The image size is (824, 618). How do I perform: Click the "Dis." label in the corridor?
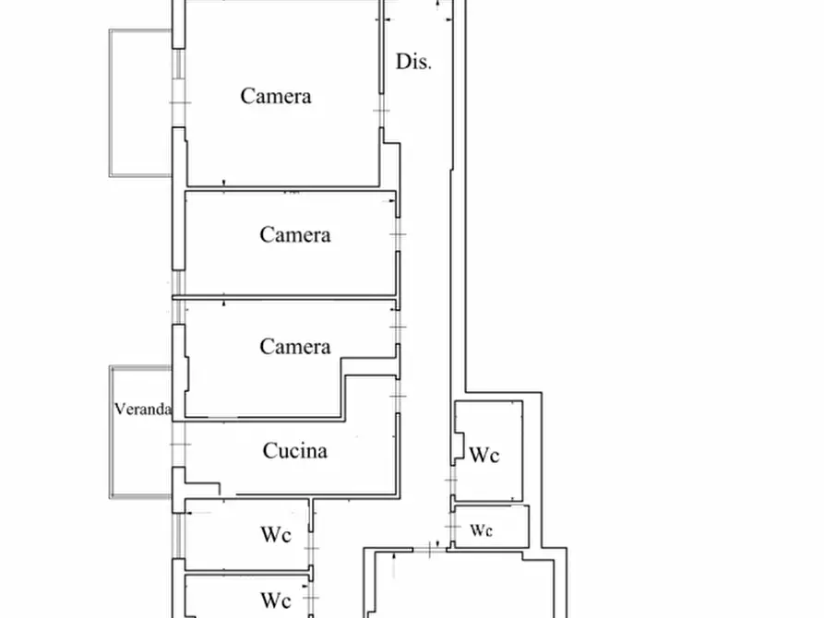413,62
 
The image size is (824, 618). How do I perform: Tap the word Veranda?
143,409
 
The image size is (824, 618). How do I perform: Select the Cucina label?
294,450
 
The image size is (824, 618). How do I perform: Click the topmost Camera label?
276,96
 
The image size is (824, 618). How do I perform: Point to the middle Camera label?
294,234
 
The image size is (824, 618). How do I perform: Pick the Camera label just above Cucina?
294,346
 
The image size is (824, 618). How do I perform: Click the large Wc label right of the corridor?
484,455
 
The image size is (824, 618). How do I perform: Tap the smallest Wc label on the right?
481,529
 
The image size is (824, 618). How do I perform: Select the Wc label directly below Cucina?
276,534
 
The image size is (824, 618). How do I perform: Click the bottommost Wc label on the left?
276,600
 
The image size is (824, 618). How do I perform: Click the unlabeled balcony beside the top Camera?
141,102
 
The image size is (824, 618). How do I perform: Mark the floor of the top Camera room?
283,142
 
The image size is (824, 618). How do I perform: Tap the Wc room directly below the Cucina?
247,552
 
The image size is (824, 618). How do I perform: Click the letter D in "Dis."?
402,62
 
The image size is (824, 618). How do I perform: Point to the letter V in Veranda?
119,409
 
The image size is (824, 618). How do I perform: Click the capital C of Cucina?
269,450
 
